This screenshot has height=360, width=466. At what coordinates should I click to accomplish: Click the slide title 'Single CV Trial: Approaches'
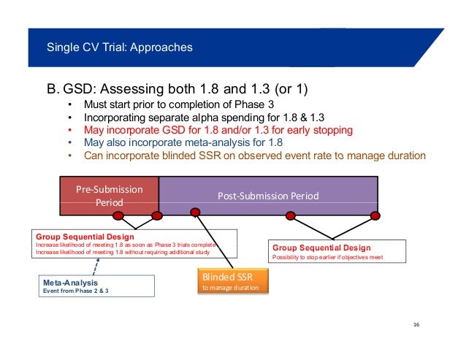tap(120, 48)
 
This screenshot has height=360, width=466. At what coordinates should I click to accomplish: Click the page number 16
tap(418, 325)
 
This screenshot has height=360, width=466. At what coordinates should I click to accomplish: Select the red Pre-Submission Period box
tap(110, 195)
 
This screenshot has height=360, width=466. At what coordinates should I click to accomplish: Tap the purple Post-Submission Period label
tap(269, 196)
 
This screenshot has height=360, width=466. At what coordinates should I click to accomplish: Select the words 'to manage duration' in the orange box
tap(226, 288)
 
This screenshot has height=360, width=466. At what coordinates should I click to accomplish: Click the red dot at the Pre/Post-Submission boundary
tap(156, 215)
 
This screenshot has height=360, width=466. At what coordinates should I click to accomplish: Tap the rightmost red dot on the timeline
tap(375, 215)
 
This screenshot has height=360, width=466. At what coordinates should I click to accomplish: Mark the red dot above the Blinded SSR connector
tap(195, 215)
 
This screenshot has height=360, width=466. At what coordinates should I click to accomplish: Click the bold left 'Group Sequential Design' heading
tap(85, 237)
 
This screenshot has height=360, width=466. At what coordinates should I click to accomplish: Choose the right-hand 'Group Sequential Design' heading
tap(321, 248)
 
